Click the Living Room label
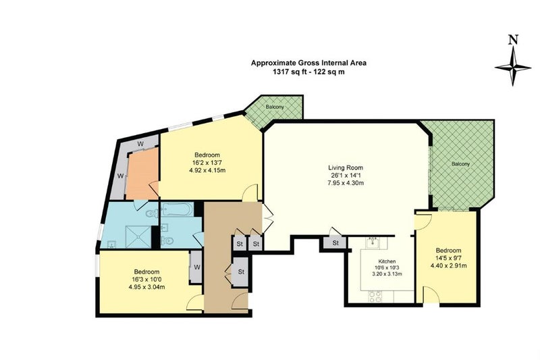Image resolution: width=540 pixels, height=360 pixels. click(346, 168)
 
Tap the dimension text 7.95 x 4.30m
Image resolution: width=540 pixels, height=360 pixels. click(346, 183)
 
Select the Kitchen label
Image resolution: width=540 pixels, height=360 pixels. click(387, 261)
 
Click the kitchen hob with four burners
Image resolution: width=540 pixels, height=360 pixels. click(375, 297)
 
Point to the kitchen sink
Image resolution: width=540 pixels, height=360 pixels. click(373, 243)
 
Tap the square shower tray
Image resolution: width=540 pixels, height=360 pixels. click(138, 236)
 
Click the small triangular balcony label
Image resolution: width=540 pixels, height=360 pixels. click(275, 107)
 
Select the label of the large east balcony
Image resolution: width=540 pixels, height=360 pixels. click(460, 164)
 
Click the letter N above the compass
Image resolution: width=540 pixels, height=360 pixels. click(513, 41)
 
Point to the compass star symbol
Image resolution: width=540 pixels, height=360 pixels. click(513, 66)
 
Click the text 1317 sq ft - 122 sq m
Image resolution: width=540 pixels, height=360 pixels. click(308, 72)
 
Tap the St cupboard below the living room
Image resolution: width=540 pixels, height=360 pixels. click(335, 243)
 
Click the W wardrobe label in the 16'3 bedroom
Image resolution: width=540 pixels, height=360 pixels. click(196, 267)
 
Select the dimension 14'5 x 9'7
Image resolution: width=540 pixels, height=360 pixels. click(448, 258)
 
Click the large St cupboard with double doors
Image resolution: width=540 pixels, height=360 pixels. click(241, 272)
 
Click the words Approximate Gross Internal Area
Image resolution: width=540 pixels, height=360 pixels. click(308, 63)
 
